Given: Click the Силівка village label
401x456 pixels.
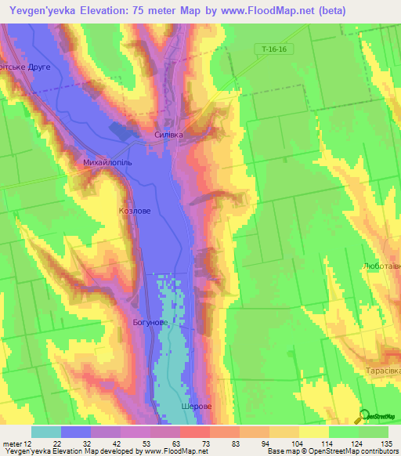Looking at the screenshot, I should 168,135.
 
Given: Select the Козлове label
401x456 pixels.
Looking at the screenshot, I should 134,211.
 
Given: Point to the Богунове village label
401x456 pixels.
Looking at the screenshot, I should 149,322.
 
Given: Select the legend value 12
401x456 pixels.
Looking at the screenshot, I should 28,443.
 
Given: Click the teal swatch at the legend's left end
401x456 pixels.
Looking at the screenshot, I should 46,432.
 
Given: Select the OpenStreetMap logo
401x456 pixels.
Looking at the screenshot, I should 377,417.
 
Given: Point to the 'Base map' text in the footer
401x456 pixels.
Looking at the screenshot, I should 284,451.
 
